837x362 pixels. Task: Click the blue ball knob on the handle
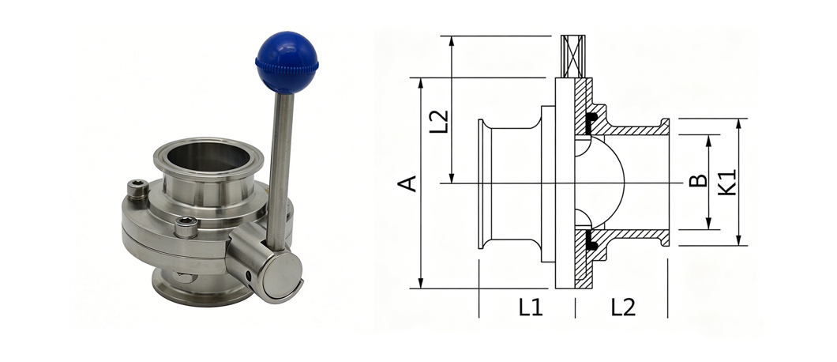[287, 62]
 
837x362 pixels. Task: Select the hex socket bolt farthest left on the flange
[137, 190]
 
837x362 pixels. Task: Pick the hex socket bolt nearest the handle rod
[186, 227]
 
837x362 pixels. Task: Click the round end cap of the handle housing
[282, 275]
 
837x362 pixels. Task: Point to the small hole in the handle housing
[248, 276]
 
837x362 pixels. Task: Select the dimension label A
[407, 183]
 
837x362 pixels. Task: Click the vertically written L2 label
[439, 122]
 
